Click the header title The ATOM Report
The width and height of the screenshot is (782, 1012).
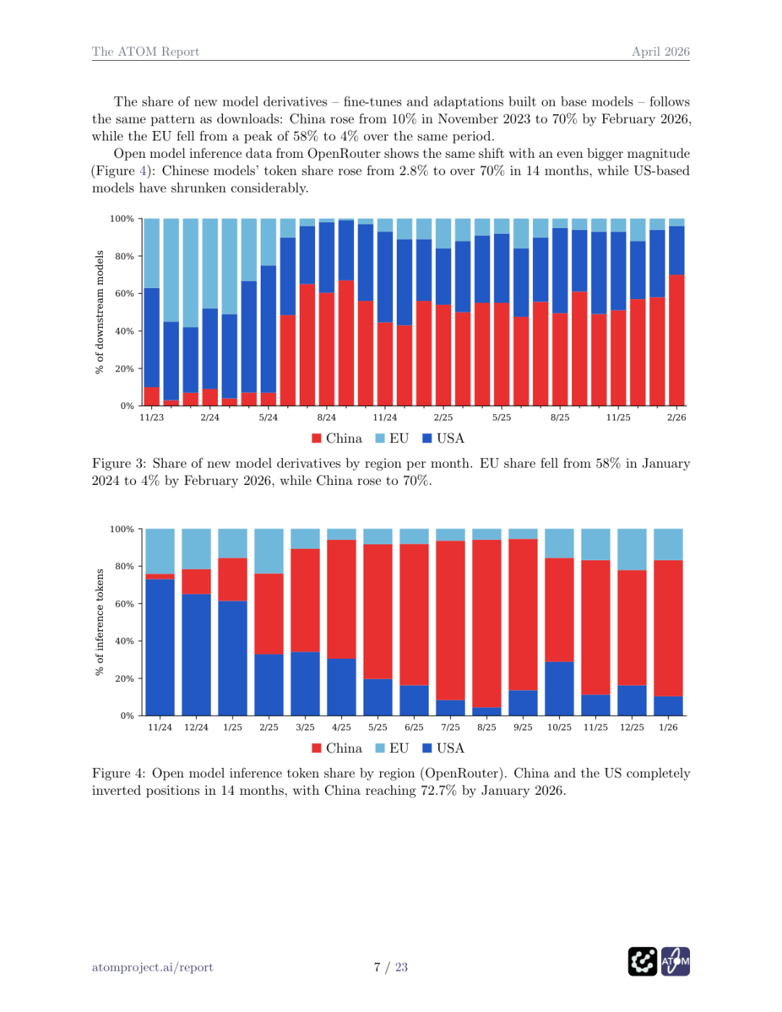(x=145, y=51)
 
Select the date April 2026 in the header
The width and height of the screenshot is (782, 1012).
(x=660, y=51)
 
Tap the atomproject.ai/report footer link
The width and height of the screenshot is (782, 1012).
(x=152, y=967)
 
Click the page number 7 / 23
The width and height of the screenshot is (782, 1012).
(x=391, y=967)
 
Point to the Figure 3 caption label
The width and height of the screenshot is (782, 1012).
(x=118, y=463)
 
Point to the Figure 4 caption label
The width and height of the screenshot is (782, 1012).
(x=118, y=773)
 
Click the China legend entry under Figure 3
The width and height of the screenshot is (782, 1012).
(x=337, y=439)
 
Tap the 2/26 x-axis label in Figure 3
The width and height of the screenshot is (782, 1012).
(x=676, y=418)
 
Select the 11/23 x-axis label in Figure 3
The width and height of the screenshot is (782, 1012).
(x=151, y=418)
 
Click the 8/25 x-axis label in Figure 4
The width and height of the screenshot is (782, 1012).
(x=487, y=728)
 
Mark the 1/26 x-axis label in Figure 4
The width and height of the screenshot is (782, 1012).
(x=668, y=728)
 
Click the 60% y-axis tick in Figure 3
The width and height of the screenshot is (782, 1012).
(x=125, y=294)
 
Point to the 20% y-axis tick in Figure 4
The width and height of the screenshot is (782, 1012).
(x=125, y=679)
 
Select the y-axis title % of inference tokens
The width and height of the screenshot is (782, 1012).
(x=100, y=622)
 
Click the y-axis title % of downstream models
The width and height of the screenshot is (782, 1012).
(x=100, y=312)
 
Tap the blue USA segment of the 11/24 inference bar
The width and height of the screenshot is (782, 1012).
(x=160, y=648)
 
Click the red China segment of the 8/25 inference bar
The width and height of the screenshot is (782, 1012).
(x=487, y=623)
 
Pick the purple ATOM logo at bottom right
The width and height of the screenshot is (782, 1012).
(x=676, y=961)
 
